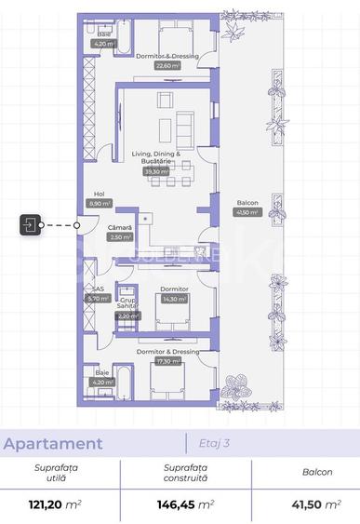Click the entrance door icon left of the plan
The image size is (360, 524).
(x=30, y=224)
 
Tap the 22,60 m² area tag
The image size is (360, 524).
(x=168, y=66)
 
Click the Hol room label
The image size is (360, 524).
(x=100, y=193)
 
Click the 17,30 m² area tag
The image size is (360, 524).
(x=168, y=361)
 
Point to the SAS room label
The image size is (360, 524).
(x=98, y=289)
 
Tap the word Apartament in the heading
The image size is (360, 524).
(x=52, y=444)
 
